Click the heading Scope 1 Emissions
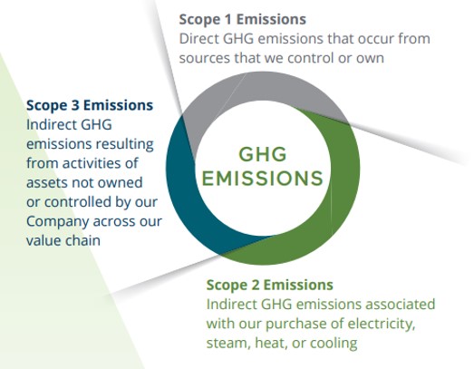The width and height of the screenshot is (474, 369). [x=242, y=19]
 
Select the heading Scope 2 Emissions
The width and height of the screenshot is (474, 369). [x=269, y=285]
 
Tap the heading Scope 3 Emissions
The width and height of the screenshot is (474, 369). [x=90, y=105]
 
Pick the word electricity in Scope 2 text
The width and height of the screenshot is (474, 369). [x=380, y=324]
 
